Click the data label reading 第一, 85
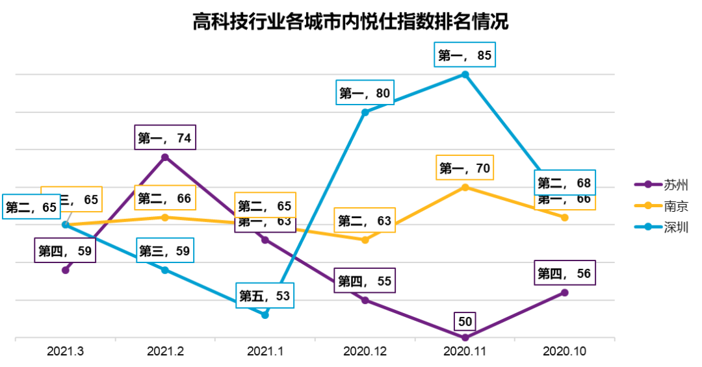pyautogui.click(x=465, y=56)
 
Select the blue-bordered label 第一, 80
pyautogui.click(x=365, y=94)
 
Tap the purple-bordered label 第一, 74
pyautogui.click(x=165, y=138)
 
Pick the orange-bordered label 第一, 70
pyautogui.click(x=465, y=168)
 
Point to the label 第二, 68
pyautogui.click(x=564, y=183)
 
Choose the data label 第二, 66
pyautogui.click(x=164, y=198)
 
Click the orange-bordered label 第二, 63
pyautogui.click(x=365, y=221)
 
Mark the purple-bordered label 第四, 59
pyautogui.click(x=65, y=251)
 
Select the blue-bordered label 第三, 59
pyautogui.click(x=165, y=251)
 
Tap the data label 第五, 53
pyautogui.click(x=265, y=296)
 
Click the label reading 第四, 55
pyautogui.click(x=365, y=281)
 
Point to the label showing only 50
pyautogui.click(x=465, y=321)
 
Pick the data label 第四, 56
pyautogui.click(x=564, y=273)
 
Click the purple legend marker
pyautogui.click(x=648, y=184)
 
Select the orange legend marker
pyautogui.click(x=648, y=206)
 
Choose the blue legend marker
pyautogui.click(x=648, y=227)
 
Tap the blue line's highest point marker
pyautogui.click(x=465, y=74)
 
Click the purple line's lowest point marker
pyautogui.click(x=465, y=337)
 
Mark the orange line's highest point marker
pyautogui.click(x=465, y=187)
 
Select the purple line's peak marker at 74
pyautogui.click(x=165, y=157)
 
